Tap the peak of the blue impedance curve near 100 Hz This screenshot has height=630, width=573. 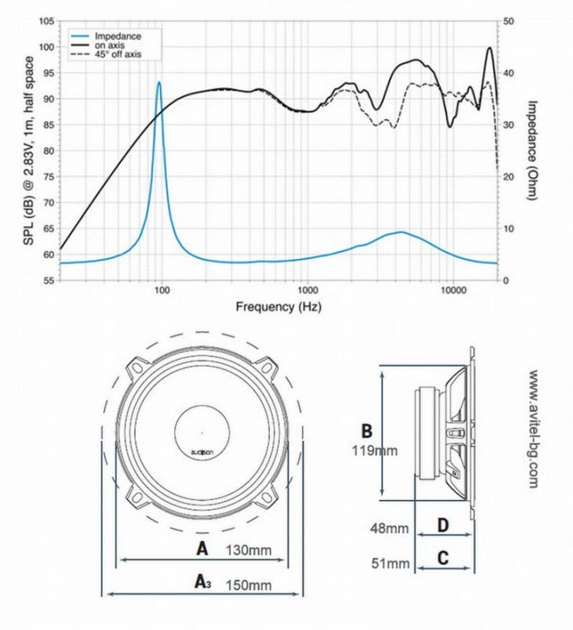(x=159, y=83)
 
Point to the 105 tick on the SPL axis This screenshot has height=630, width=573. (x=46, y=21)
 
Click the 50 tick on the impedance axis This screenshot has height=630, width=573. (x=508, y=21)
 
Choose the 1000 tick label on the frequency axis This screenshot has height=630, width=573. (x=308, y=290)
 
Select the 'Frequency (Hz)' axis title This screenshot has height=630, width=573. (x=279, y=307)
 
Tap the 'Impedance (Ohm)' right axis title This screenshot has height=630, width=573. (x=531, y=150)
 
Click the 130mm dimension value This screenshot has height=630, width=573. (x=249, y=550)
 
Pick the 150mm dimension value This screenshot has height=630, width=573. (x=249, y=585)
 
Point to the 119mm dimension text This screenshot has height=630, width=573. (x=375, y=450)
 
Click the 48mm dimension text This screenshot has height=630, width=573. (x=389, y=528)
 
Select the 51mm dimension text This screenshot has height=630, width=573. (x=390, y=563)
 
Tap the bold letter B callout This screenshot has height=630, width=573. (x=367, y=431)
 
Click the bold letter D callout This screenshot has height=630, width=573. (x=443, y=525)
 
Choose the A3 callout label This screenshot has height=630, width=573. (x=203, y=581)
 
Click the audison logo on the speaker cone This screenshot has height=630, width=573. (x=202, y=452)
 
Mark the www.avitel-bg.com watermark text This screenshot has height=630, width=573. (x=533, y=429)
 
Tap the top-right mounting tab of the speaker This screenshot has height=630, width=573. (x=266, y=368)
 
